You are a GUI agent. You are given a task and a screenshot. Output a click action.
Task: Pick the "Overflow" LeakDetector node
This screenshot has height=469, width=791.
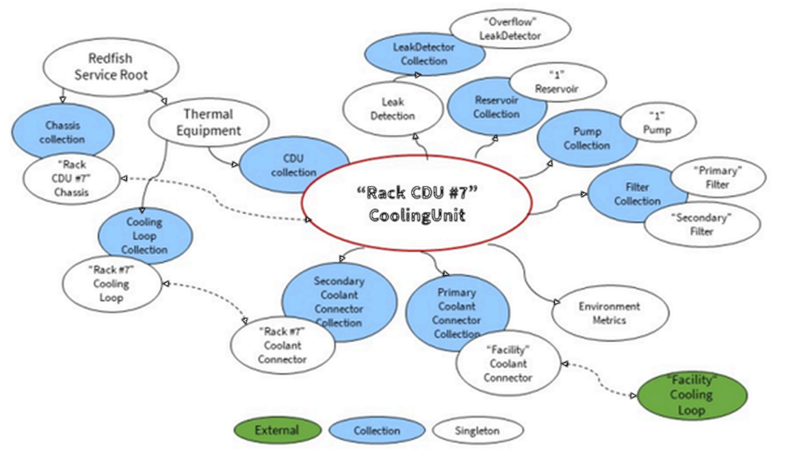(509, 29)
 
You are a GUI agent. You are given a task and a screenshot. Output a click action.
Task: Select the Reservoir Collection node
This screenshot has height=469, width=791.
(496, 107)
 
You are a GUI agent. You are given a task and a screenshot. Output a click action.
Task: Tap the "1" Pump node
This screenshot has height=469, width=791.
(657, 123)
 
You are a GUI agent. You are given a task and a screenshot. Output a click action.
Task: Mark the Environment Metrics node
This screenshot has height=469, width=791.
(609, 313)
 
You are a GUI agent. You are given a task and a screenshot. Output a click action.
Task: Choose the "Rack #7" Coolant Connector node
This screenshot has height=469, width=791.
(282, 345)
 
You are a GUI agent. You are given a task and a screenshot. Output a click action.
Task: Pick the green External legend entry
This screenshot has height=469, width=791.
(276, 430)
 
